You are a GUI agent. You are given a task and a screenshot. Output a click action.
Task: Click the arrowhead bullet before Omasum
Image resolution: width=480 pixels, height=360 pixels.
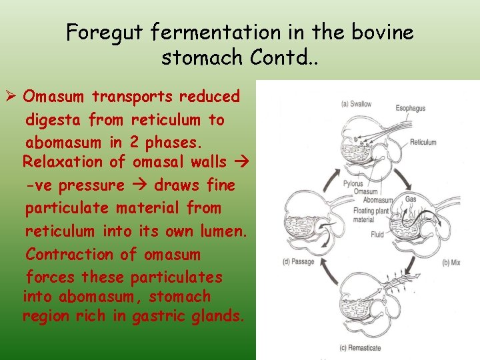point(11,97)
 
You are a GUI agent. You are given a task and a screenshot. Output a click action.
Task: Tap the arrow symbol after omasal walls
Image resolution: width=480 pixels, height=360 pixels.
point(243,161)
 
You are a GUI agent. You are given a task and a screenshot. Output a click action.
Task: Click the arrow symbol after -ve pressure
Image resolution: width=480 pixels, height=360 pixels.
point(139,185)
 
